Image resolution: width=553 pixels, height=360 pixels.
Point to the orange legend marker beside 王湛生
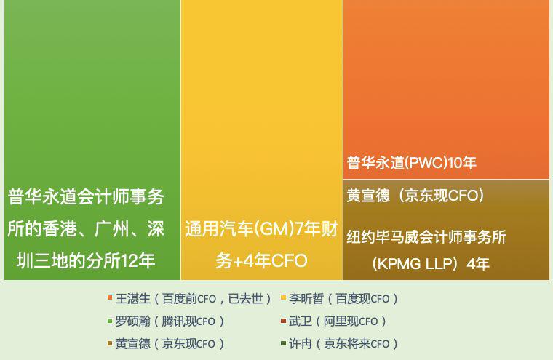point(110,298)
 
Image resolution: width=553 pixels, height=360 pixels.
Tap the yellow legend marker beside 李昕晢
point(283,298)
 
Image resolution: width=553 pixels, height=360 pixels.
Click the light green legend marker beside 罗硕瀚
point(110,321)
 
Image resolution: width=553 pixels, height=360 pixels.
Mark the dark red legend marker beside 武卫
point(283,321)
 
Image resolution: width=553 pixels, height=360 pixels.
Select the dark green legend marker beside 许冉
point(283,343)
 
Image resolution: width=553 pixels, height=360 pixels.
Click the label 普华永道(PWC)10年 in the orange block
point(411,163)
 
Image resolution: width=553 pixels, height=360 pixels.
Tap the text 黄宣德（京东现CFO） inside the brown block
point(415,196)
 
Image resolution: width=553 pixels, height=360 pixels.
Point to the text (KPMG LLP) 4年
point(430,263)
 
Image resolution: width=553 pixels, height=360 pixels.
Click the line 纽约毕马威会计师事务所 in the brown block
point(426,236)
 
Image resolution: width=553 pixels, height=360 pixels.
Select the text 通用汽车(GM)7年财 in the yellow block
point(261,229)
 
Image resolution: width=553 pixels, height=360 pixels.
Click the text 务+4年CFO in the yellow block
point(261,260)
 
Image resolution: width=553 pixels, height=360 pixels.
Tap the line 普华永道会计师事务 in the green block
point(86,196)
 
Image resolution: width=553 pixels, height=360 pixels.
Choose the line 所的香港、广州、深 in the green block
point(86,228)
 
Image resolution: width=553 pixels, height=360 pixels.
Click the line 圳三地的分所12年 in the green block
point(86,260)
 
